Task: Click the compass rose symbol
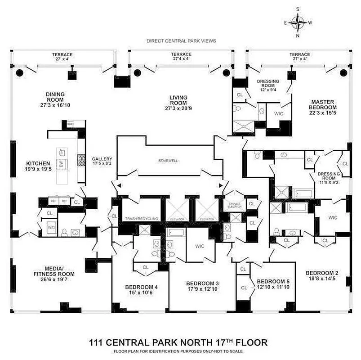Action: pyautogui.click(x=298, y=21)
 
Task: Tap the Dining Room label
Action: pyautogui.click(x=55, y=94)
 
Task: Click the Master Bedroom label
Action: pyautogui.click(x=322, y=104)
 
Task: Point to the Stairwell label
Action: pyautogui.click(x=169, y=160)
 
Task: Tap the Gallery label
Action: pyautogui.click(x=102, y=159)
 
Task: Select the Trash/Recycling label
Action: pyautogui.click(x=141, y=219)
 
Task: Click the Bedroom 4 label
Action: pyautogui.click(x=141, y=287)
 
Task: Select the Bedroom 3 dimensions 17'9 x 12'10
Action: pyautogui.click(x=202, y=289)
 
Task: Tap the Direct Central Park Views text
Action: pyautogui.click(x=181, y=41)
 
